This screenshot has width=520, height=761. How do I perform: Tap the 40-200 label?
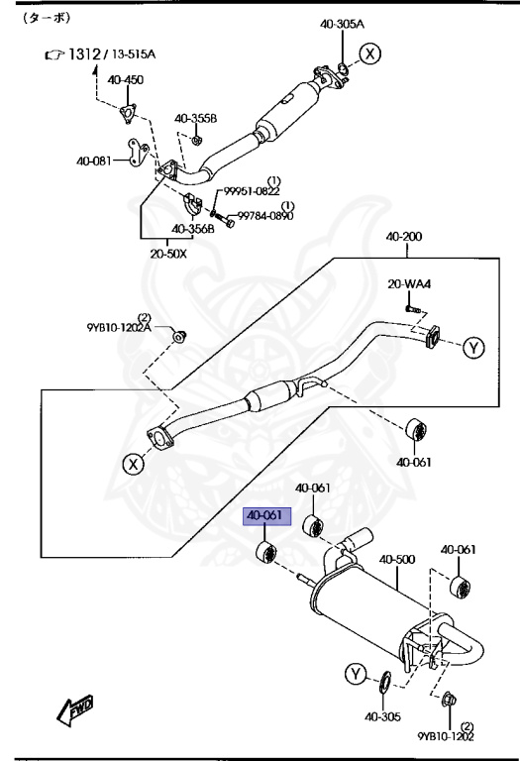point(404,238)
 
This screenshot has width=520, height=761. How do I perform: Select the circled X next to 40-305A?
point(370,54)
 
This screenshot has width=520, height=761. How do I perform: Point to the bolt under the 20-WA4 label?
point(411,310)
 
